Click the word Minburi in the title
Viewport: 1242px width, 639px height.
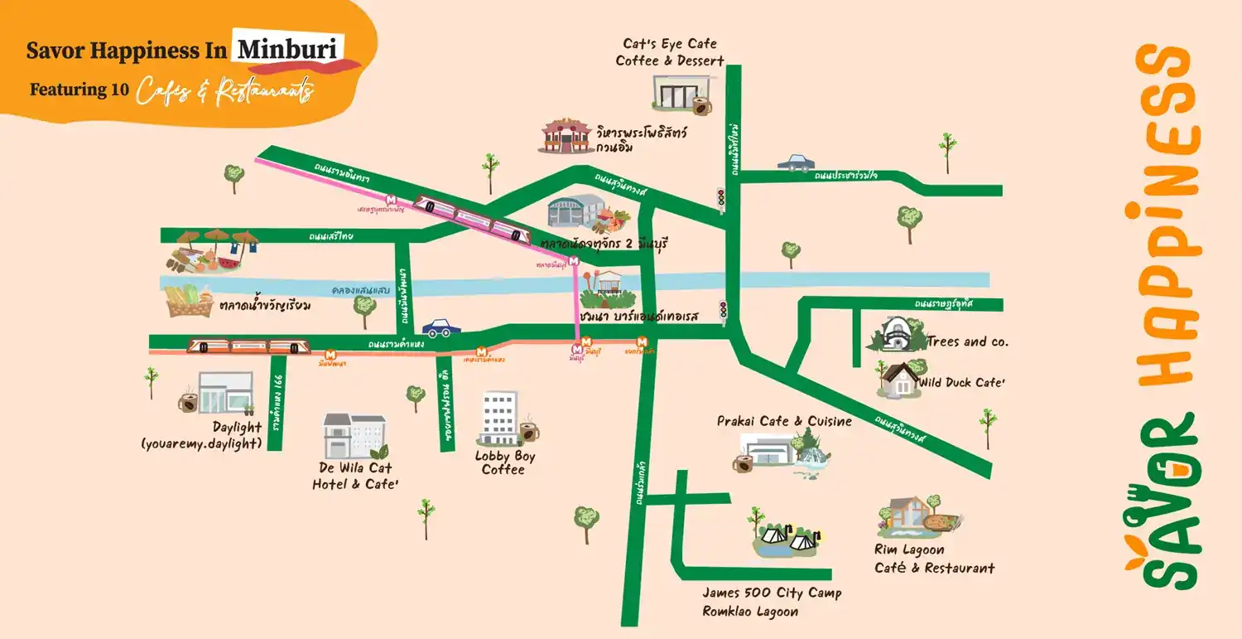[287, 50]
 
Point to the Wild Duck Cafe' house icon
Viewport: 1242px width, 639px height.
[898, 379]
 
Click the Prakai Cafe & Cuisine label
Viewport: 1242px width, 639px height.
[784, 421]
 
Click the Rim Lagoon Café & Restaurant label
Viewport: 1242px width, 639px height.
[934, 559]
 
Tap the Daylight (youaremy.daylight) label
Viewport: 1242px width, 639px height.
[201, 435]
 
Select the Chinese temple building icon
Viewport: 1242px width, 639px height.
[567, 136]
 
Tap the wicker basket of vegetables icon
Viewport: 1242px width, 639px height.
[190, 301]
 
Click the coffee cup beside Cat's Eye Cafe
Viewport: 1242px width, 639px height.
[701, 106]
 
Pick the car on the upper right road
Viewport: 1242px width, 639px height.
[796, 162]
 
